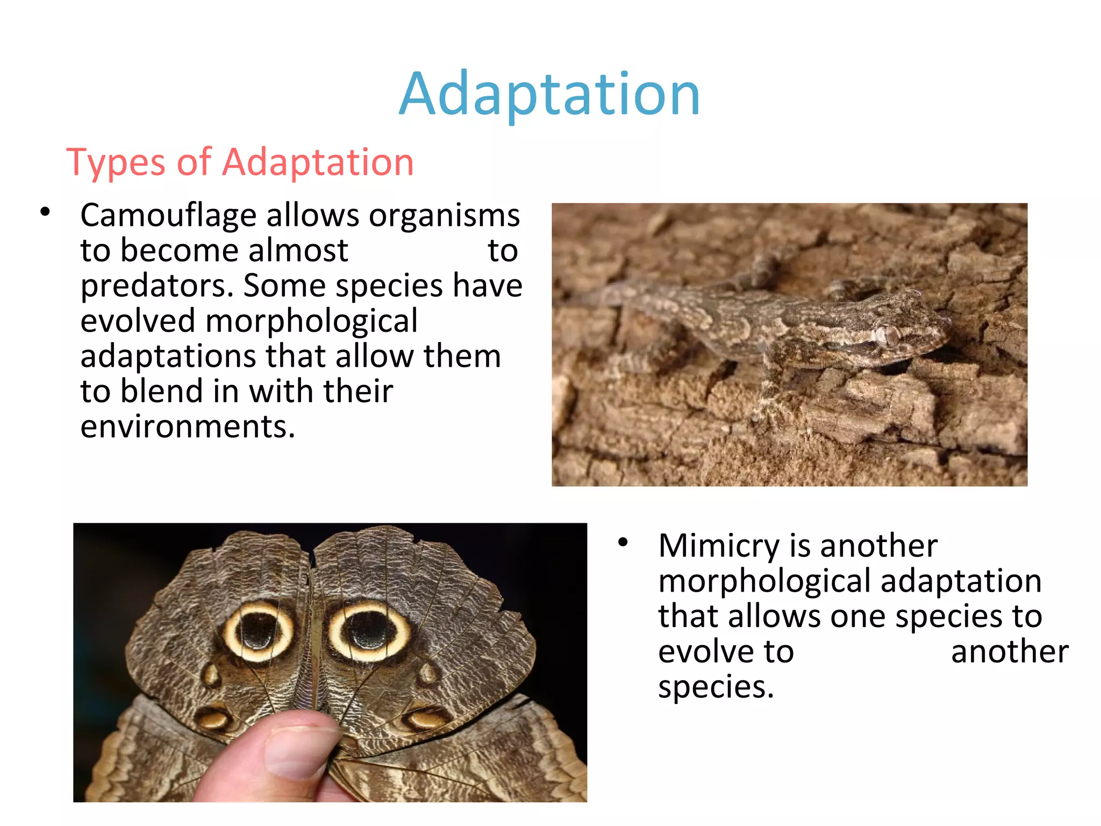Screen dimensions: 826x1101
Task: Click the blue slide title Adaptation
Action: click(549, 94)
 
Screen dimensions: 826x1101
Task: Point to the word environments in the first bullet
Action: click(187, 426)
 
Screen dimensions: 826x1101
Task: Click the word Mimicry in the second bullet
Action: click(718, 546)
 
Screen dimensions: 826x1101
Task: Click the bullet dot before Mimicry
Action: click(623, 542)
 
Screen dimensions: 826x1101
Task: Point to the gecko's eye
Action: click(890, 336)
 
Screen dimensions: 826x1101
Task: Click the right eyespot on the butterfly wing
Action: click(369, 630)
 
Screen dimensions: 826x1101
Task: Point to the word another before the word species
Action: click(1010, 652)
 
